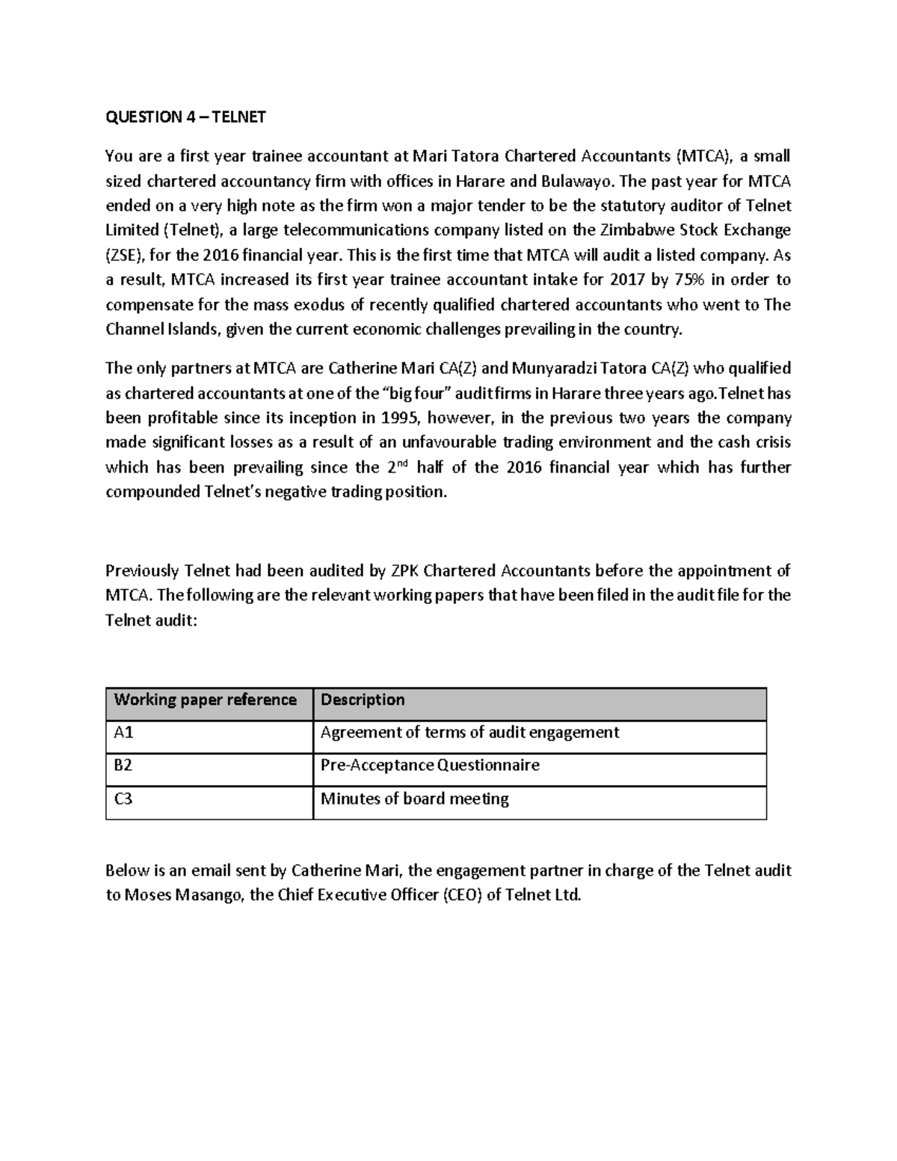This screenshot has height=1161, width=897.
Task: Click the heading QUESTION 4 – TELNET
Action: [x=185, y=117]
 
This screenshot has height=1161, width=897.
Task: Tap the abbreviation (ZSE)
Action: [x=125, y=256]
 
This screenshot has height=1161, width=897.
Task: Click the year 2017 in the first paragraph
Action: [x=626, y=280]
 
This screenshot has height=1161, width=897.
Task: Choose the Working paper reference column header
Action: [x=205, y=700]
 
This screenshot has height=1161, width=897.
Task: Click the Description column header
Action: [x=363, y=700]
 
